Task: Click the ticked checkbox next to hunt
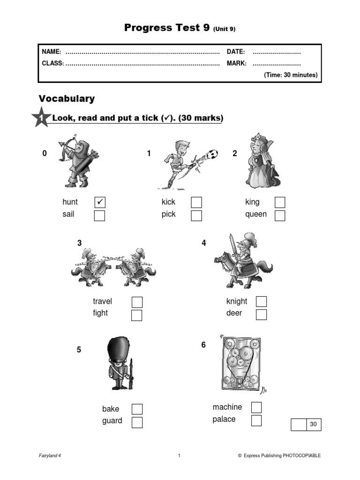[x=100, y=202]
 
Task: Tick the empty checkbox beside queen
[x=280, y=215]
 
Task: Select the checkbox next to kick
[x=196, y=202]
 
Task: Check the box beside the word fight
[x=136, y=315]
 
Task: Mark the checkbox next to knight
[x=261, y=301]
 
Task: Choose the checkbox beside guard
[x=137, y=422]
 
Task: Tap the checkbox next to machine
[x=256, y=407]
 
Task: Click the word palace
[x=224, y=419]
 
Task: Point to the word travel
[x=102, y=301]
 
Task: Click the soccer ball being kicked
[x=212, y=153]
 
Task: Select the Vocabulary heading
[x=67, y=98]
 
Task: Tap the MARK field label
[x=237, y=63]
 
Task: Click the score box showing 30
[x=314, y=425]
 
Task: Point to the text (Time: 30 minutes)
[x=290, y=75]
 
